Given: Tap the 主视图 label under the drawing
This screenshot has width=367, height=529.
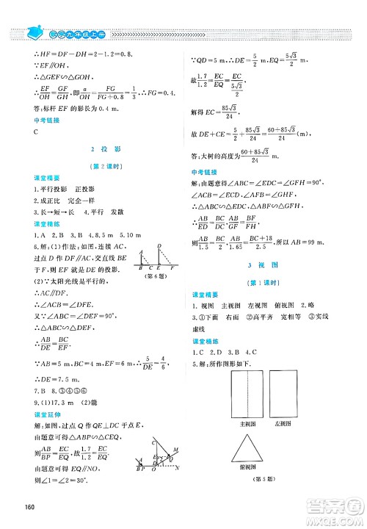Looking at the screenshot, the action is coord(245,424).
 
